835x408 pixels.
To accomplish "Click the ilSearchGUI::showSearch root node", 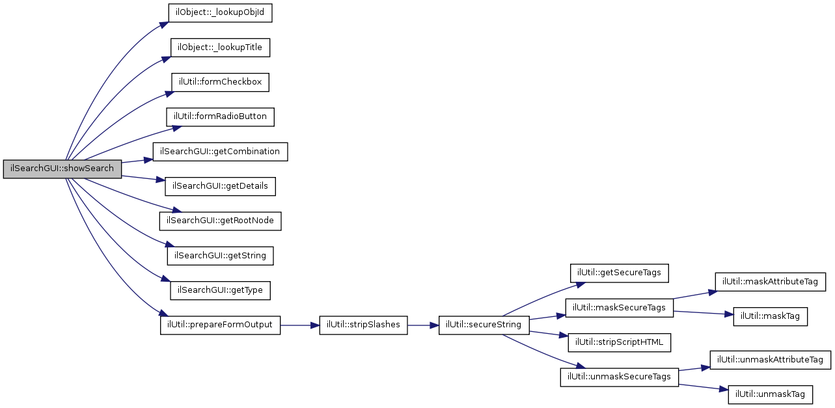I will pyautogui.click(x=62, y=169).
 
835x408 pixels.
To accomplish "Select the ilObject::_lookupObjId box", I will pyautogui.click(x=220, y=13).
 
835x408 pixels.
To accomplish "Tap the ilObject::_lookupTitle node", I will pyautogui.click(x=220, y=48).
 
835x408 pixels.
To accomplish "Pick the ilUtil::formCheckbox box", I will pyautogui.click(x=220, y=82).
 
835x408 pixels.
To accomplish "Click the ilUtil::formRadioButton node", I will pyautogui.click(x=220, y=116).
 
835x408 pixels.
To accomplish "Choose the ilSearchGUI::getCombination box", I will pyautogui.click(x=220, y=151).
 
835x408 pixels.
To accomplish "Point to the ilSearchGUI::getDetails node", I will pyautogui.click(x=220, y=186).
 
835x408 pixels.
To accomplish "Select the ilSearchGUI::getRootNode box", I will pyautogui.click(x=220, y=221).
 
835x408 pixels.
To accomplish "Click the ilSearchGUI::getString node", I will pyautogui.click(x=220, y=255).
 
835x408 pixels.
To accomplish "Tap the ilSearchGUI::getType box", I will pyautogui.click(x=220, y=290).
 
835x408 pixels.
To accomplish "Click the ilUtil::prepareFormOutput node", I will pyautogui.click(x=220, y=325).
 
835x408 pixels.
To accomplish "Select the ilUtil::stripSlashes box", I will pyautogui.click(x=363, y=325).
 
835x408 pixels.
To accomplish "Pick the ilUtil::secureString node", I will pyautogui.click(x=484, y=325).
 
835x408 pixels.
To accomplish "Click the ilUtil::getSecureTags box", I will pyautogui.click(x=620, y=273).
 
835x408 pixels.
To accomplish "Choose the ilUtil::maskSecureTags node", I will pyautogui.click(x=619, y=307).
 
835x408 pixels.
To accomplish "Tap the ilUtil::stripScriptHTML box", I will pyautogui.click(x=619, y=342).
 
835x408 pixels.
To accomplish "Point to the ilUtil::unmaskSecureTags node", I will pyautogui.click(x=619, y=377).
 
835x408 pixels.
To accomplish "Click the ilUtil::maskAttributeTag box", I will pyautogui.click(x=771, y=281).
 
